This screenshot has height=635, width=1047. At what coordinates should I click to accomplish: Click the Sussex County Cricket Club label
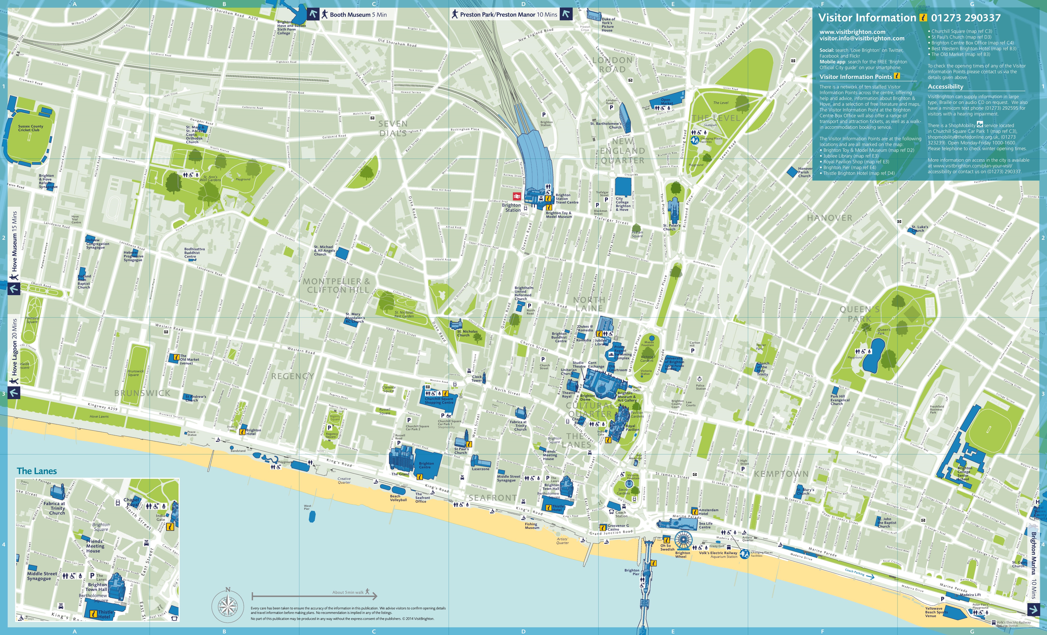click(31, 128)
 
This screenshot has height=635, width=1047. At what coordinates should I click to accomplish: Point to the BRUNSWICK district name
click(142, 393)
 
